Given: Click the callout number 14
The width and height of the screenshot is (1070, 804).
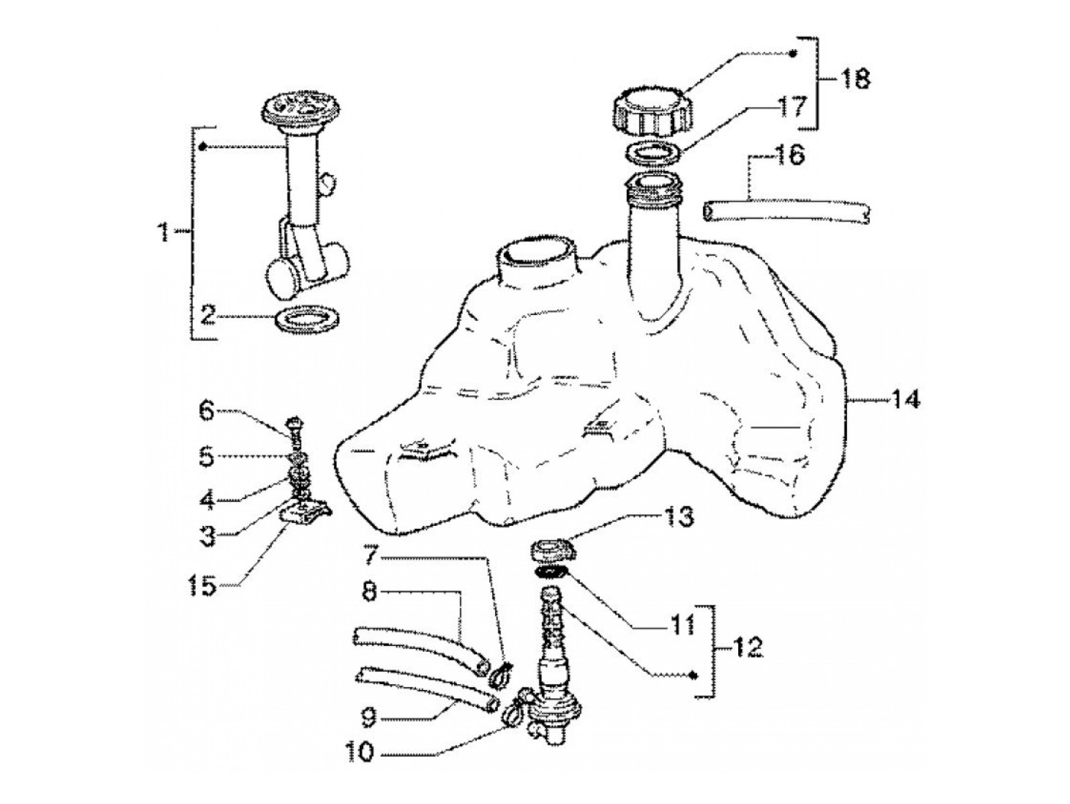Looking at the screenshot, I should coord(905,399).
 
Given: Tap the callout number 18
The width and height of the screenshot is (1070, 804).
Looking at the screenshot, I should coord(855,78).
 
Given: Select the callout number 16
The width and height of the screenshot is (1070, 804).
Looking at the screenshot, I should coord(790,156).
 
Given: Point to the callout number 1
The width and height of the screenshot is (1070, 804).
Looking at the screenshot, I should coord(163,230).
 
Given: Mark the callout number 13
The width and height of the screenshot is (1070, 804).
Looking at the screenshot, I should coord(678,517).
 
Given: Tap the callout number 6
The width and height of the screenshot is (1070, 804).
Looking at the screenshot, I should coord(207,412).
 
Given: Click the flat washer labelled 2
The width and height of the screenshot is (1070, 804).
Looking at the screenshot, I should coord(306,319).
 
